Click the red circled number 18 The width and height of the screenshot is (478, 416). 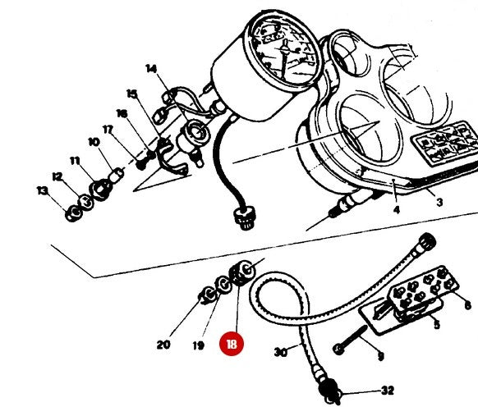click(x=232, y=345)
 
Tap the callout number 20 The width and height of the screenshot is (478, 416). click(x=163, y=345)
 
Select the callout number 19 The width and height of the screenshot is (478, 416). click(x=198, y=345)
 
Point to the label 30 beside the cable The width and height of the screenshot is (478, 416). click(x=280, y=353)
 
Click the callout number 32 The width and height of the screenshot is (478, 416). click(x=388, y=391)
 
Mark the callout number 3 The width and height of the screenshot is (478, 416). click(x=439, y=202)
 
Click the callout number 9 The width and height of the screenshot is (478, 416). click(x=379, y=356)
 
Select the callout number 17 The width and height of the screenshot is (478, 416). click(x=108, y=129)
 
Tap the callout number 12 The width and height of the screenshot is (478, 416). click(x=57, y=176)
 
